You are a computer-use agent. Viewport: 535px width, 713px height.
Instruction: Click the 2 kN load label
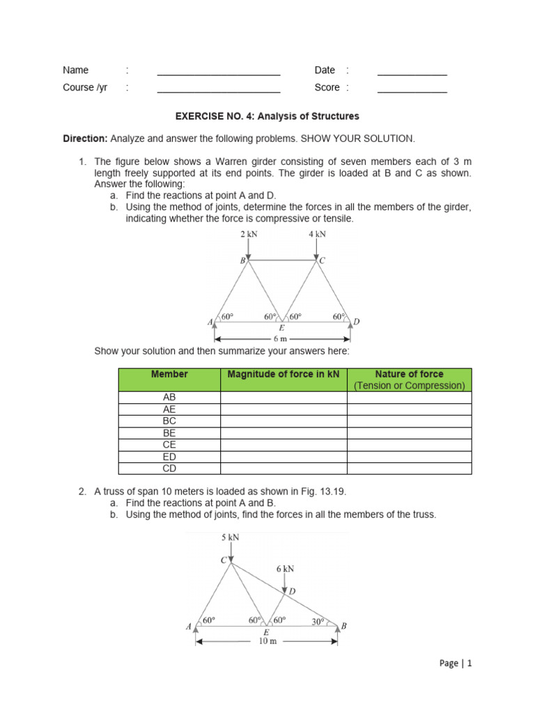[x=249, y=234]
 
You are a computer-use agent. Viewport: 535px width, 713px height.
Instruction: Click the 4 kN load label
[x=317, y=234]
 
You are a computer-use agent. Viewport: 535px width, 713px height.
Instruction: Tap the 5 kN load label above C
[x=230, y=538]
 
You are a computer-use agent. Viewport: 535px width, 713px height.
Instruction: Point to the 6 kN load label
[x=286, y=569]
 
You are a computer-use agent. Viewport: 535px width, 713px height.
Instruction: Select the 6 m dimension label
[x=281, y=338]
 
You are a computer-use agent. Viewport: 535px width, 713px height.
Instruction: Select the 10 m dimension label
[x=267, y=641]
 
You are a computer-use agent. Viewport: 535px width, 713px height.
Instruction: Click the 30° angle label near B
[x=318, y=622]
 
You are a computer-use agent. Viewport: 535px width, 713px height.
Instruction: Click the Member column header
[x=169, y=375]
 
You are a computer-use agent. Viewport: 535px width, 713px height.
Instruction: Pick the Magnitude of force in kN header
[x=284, y=375]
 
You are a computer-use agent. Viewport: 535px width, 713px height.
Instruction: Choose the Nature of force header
[x=409, y=375]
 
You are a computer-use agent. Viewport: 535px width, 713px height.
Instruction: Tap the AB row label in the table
[x=169, y=397]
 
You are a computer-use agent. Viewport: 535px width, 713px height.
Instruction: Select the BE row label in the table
[x=169, y=432]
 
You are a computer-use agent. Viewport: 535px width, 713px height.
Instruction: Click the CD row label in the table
[x=169, y=468]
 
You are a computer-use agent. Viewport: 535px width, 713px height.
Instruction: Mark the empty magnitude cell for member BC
[x=284, y=421]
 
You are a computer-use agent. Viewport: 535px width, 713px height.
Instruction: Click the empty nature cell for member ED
[x=409, y=456]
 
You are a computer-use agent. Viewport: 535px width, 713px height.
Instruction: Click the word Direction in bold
[x=85, y=139]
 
